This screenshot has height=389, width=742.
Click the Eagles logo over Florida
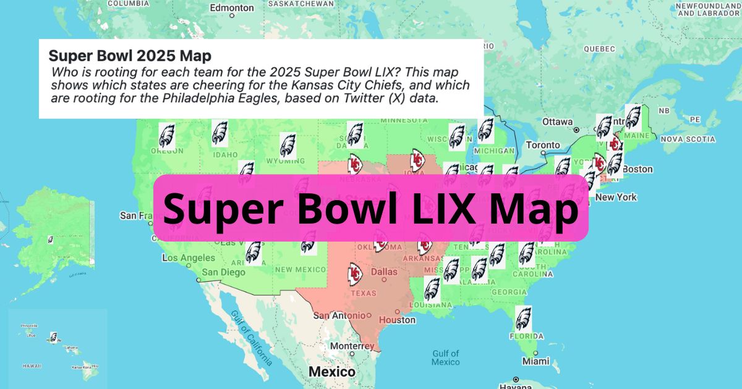523,318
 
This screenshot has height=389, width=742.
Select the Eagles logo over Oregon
167,134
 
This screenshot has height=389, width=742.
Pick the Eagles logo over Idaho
220,133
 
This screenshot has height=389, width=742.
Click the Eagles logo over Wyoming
288,145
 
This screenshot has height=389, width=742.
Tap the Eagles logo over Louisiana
432,289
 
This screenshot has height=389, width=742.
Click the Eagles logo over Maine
633,116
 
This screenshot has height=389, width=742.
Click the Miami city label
535,361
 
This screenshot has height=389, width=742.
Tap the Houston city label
397,320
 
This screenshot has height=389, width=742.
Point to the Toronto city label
542,146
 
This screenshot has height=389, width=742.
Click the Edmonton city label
232,8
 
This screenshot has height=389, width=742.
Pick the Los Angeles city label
189,258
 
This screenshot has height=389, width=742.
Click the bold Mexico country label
332,372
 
